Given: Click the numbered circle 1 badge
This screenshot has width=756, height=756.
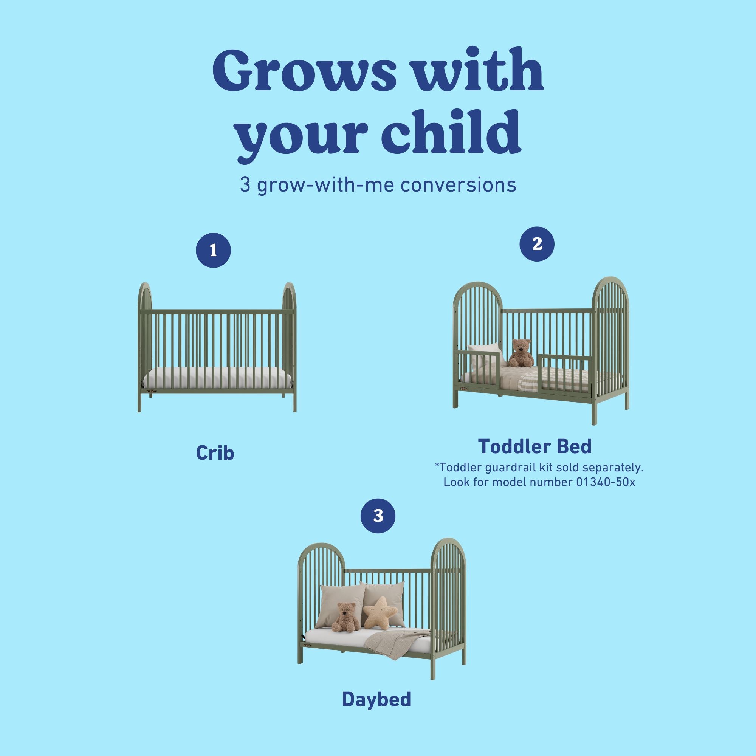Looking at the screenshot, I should pos(213,251).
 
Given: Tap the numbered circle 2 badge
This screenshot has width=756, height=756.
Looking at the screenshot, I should pos(537,244).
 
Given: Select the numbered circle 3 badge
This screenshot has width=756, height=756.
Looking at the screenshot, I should pos(378,516).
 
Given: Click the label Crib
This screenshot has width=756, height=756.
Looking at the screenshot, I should pos(215,453).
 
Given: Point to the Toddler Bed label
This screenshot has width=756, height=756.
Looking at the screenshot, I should pos(534,446).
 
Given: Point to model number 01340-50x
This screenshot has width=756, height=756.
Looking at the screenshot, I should pos(606,482).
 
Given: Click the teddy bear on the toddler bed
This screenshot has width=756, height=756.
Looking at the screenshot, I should pos(521,353).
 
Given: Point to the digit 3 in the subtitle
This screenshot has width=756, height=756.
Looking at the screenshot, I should pos(245,185).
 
